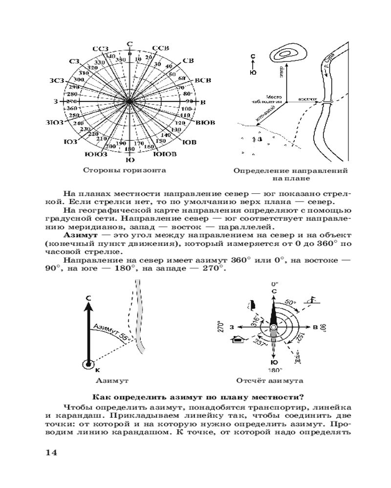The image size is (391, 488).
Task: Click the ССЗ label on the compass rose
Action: pos(100,49)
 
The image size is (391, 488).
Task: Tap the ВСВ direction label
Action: pos(203,80)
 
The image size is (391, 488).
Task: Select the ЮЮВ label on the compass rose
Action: pos(166,155)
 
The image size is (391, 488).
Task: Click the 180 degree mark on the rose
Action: pos(130,149)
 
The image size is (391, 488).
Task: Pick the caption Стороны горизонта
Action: pos(124,171)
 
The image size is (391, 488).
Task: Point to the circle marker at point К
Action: pos(88,364)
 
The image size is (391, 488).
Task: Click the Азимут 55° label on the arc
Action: pos(110,332)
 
